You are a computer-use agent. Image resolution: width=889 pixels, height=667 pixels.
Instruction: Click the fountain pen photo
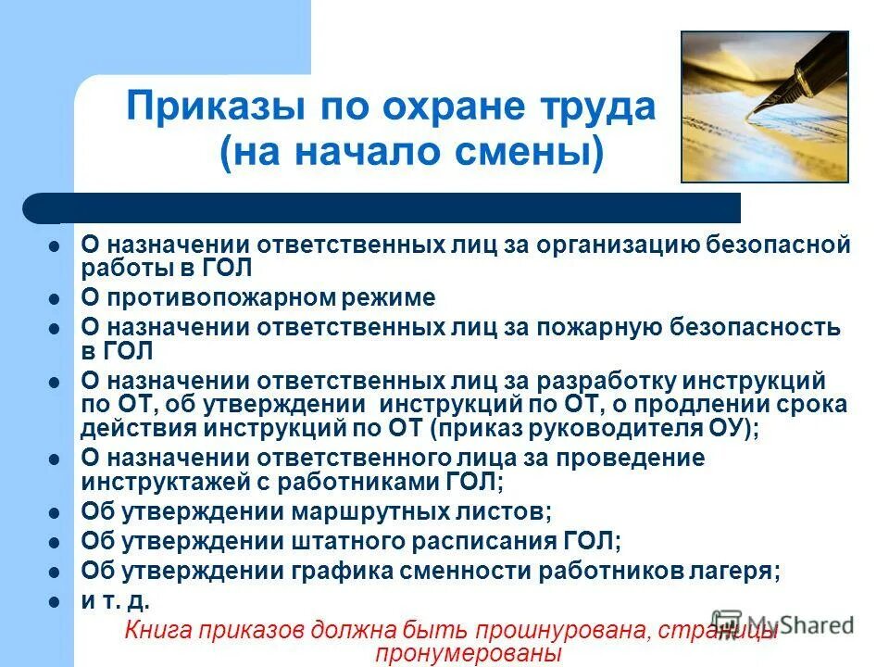pos(764,107)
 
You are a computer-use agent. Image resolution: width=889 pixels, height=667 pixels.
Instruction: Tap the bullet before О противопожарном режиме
pos(55,299)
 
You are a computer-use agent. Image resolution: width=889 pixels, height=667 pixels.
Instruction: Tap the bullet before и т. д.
pos(55,600)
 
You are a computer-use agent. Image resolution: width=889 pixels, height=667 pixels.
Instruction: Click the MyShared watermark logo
pos(783,623)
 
